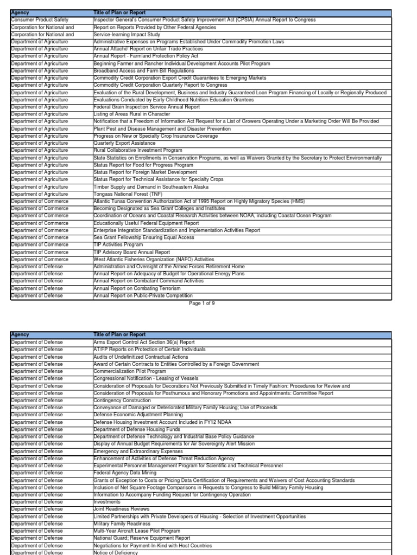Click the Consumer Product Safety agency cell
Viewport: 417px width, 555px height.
pos(40,20)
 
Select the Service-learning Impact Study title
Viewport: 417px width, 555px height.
pos(124,34)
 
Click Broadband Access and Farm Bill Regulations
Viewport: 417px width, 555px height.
pos(143,70)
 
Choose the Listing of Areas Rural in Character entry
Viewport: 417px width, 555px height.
pos(131,114)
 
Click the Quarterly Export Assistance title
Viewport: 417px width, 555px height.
pos(121,143)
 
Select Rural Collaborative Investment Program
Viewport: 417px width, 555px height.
pos(138,150)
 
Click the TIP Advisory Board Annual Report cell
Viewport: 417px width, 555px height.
pos(132,252)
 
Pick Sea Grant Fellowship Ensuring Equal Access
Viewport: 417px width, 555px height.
pos(144,237)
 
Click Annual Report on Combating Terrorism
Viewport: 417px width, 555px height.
pos(137,288)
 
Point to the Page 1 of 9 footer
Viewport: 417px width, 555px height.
pos(202,304)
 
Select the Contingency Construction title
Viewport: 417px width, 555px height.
pos(117,400)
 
